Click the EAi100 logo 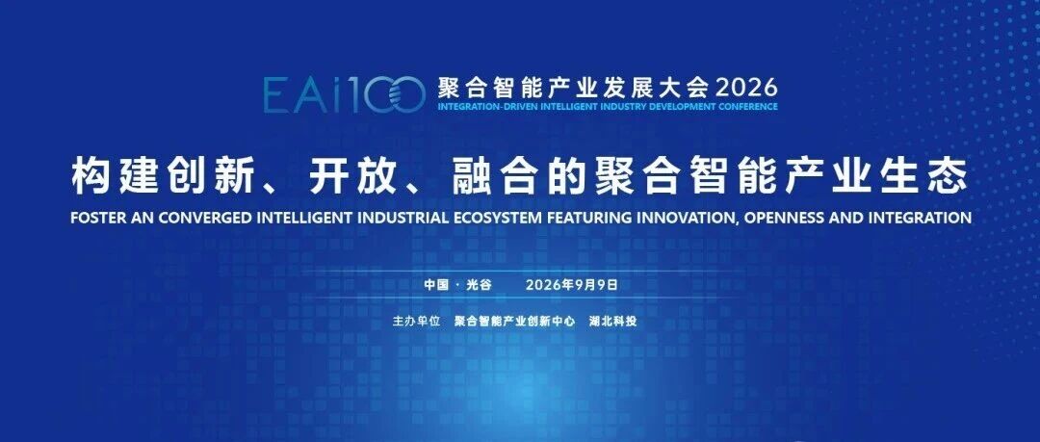point(344,93)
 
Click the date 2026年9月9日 point(572,285)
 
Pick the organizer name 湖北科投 point(613,322)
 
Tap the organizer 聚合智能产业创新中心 point(514,322)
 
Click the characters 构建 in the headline point(114,176)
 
